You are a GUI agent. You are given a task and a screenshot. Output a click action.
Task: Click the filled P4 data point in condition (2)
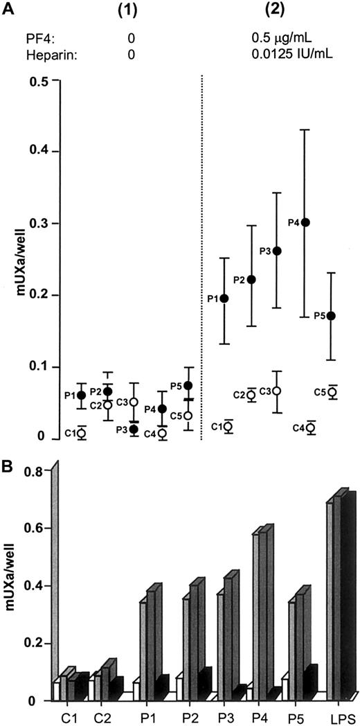pos(306,222)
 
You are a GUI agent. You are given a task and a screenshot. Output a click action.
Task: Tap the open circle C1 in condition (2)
pos(228,427)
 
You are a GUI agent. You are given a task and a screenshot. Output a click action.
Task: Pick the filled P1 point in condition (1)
pos(82,395)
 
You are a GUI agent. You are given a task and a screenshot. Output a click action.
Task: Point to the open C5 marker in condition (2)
pos(333,392)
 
